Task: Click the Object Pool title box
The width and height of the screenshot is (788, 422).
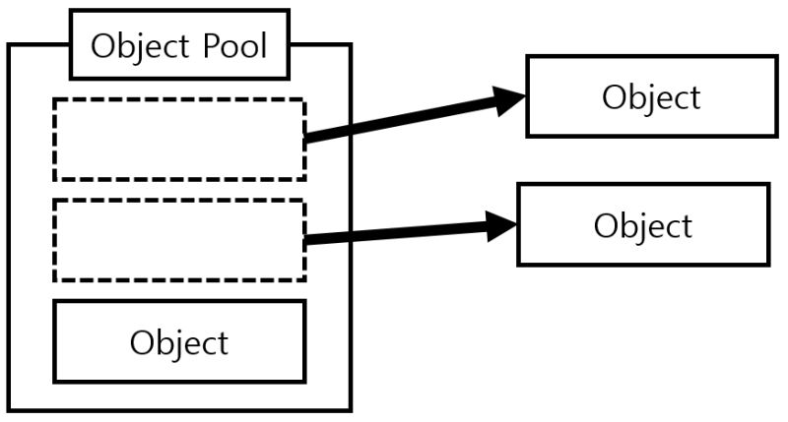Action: (179, 45)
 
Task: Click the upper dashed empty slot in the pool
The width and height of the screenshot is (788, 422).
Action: (178, 139)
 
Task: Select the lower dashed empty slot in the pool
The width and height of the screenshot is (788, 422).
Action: (178, 240)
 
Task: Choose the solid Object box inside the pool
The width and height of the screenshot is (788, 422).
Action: (178, 341)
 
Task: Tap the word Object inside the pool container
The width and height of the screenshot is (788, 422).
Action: (178, 342)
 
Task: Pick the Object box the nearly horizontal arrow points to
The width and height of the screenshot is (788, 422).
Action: (642, 224)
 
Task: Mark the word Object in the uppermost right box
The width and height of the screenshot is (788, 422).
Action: (651, 97)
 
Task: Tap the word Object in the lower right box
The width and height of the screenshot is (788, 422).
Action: (642, 225)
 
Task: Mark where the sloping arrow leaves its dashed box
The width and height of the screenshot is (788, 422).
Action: (307, 138)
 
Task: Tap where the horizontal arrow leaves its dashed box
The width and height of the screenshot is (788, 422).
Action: (307, 239)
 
